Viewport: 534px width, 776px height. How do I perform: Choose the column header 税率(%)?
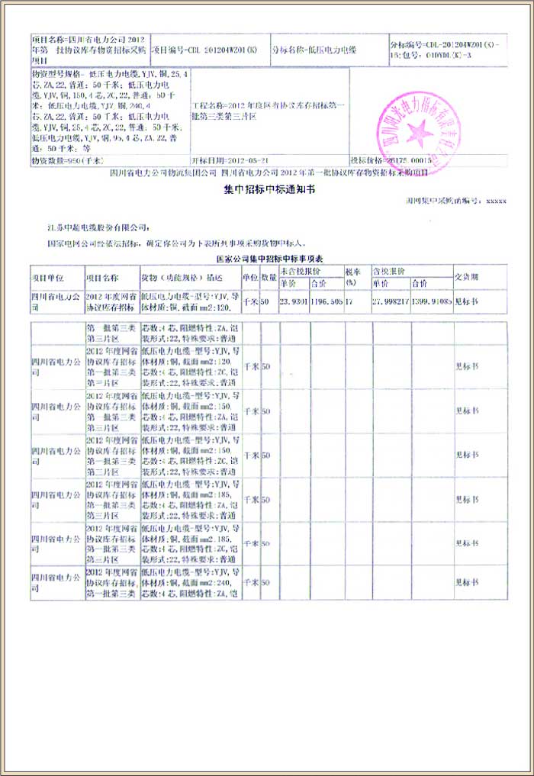(x=352, y=276)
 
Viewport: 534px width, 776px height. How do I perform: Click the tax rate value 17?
(x=349, y=302)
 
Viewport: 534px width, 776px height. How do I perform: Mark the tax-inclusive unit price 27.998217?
(x=390, y=302)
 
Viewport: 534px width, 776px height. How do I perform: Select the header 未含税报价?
(x=300, y=271)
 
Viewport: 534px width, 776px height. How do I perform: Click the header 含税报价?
(x=388, y=271)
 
